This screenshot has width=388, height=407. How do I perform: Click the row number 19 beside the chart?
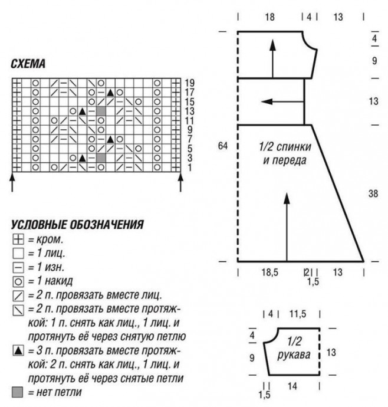tap(189, 83)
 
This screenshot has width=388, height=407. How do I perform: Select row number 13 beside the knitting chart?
tap(189, 111)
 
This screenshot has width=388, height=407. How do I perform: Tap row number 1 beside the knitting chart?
tap(189, 168)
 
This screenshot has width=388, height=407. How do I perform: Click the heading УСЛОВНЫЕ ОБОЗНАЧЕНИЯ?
tap(77, 225)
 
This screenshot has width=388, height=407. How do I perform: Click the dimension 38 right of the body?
tap(372, 192)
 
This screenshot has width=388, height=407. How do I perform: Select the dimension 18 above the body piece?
tap(269, 18)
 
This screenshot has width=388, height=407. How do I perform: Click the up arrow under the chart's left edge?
tap(13, 181)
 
